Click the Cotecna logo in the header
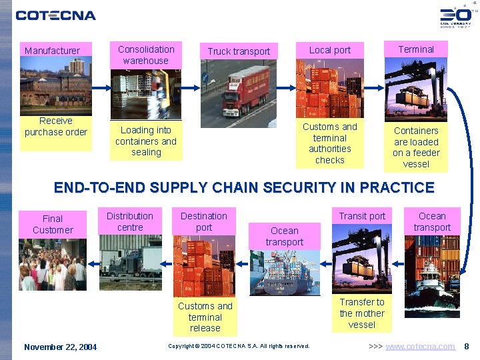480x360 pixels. tap(56, 15)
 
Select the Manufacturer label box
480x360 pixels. tap(52, 51)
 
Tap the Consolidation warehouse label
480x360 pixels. tap(146, 55)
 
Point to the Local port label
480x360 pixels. tap(329, 50)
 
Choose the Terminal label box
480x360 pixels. tap(416, 49)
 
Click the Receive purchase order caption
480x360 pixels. tap(56, 127)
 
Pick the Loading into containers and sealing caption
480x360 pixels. tap(146, 141)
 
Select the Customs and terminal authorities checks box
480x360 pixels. tap(330, 143)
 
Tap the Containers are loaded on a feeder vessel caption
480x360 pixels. tap(416, 147)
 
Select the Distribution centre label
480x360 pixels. tap(130, 221)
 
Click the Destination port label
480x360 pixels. tap(204, 221)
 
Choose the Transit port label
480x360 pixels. tap(362, 216)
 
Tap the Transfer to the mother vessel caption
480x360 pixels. tap(362, 313)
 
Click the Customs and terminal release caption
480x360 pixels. tap(205, 317)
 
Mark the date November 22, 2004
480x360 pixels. tap(61, 347)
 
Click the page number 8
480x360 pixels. tap(467, 347)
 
